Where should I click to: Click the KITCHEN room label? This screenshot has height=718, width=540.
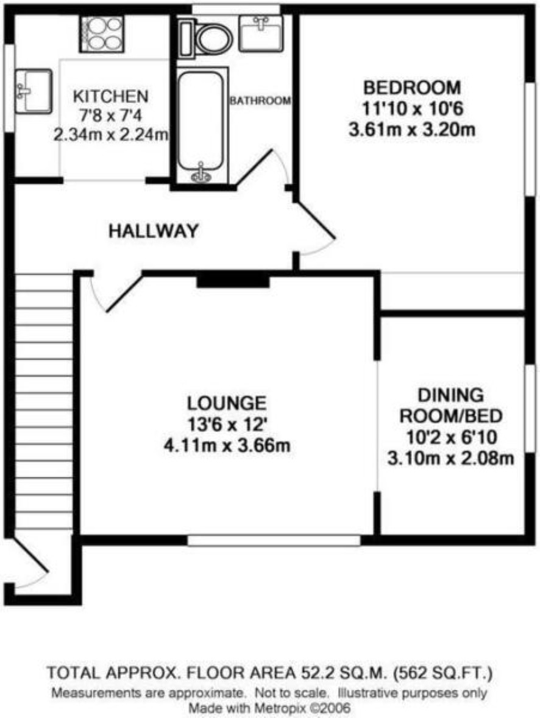[x=111, y=96]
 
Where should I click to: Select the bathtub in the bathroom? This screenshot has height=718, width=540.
[x=201, y=126]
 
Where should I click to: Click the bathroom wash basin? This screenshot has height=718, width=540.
[x=260, y=33]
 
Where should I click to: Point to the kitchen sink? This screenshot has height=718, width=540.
[x=33, y=91]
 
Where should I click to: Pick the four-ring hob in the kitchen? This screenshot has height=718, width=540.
[x=102, y=34]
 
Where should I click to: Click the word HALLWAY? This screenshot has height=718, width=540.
[x=154, y=231]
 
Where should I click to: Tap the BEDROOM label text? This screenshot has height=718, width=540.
[x=411, y=87]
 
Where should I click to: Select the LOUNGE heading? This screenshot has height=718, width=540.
[x=227, y=403]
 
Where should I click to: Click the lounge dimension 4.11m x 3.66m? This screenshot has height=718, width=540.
[x=227, y=446]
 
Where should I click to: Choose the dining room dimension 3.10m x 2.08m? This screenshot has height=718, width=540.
[x=450, y=459]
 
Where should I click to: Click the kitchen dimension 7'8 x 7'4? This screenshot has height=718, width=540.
[x=111, y=116]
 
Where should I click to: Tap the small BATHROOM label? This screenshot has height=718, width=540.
[x=260, y=100]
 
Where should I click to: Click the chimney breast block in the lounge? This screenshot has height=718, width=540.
[x=233, y=280]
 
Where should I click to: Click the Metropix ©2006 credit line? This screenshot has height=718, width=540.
[x=270, y=708]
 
